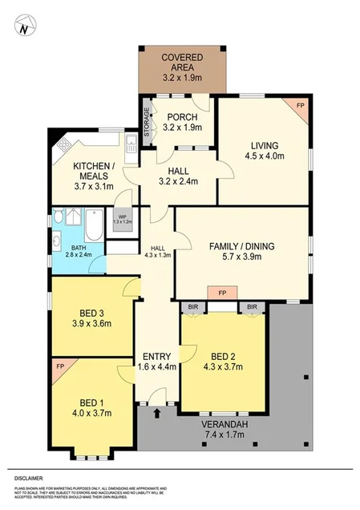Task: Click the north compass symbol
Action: (24, 27)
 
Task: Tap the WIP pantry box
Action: (123, 219)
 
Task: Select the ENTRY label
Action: (156, 356)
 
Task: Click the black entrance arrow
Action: (157, 415)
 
